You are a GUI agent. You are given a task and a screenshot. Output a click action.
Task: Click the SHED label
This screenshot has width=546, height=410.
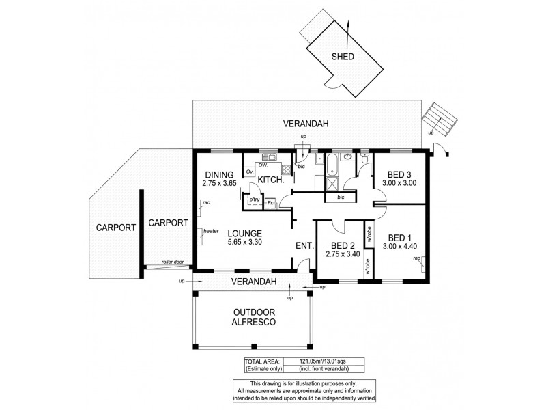tap(342, 57)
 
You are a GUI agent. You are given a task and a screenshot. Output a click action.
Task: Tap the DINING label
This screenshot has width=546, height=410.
tap(218, 174)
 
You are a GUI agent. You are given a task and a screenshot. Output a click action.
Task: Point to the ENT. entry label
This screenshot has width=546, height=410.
tap(303, 246)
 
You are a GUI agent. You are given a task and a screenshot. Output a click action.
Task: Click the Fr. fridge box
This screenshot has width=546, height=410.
tap(270, 202)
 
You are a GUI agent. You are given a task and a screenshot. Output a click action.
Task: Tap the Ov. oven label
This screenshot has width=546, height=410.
tap(250, 171)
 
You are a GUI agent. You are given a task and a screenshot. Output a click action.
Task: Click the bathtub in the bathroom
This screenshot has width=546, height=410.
tap(332, 165)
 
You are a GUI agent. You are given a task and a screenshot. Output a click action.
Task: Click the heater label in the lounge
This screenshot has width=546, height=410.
tap(210, 232)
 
